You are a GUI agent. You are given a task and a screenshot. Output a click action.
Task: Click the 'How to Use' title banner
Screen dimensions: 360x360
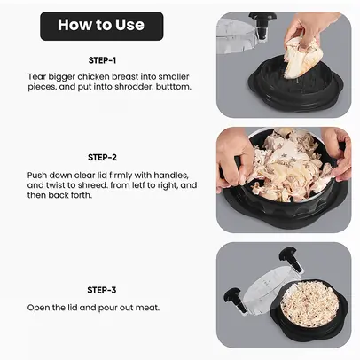(x=102, y=26)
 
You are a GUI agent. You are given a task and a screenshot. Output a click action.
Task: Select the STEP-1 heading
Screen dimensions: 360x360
(x=102, y=60)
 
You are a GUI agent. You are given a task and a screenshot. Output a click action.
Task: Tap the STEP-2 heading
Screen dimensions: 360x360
(x=102, y=157)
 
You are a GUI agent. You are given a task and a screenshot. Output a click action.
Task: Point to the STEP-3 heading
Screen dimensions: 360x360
(x=102, y=290)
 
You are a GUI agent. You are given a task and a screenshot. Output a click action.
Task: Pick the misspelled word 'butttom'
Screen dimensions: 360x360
(x=174, y=87)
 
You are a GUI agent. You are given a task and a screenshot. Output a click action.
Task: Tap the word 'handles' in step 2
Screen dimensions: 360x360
(x=171, y=176)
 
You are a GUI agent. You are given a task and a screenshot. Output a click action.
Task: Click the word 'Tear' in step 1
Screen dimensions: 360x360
(x=36, y=77)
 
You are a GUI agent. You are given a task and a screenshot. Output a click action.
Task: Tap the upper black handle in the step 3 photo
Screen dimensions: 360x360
(x=291, y=259)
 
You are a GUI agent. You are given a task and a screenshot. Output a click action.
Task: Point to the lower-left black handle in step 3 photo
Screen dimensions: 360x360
(x=235, y=299)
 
